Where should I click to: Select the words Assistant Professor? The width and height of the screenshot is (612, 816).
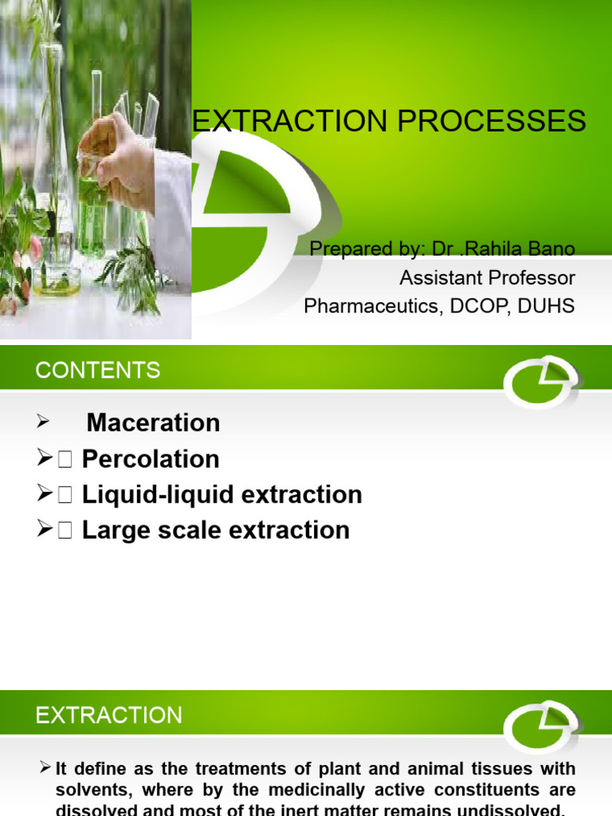[487, 277]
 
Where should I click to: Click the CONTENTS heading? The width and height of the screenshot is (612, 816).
[98, 370]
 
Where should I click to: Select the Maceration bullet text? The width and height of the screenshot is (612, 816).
[153, 422]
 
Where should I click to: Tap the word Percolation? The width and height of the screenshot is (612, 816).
[151, 459]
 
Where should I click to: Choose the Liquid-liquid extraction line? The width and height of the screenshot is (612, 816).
[222, 495]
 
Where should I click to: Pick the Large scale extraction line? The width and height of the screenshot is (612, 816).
[215, 530]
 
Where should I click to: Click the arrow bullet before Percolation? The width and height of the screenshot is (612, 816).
[45, 459]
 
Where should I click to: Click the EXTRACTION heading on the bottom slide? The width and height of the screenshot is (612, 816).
[109, 715]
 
